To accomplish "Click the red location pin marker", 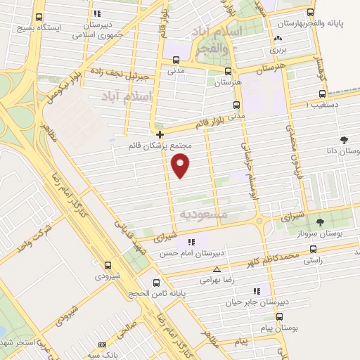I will click(181, 165).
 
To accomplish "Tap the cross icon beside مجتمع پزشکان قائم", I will click(160, 134).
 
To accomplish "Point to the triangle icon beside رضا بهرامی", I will click(217, 269).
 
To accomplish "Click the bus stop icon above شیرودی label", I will click(107, 266).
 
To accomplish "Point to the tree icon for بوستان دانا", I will click(344, 141).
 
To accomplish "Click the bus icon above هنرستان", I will click(227, 71).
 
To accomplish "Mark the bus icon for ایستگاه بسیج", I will click(38, 18).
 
